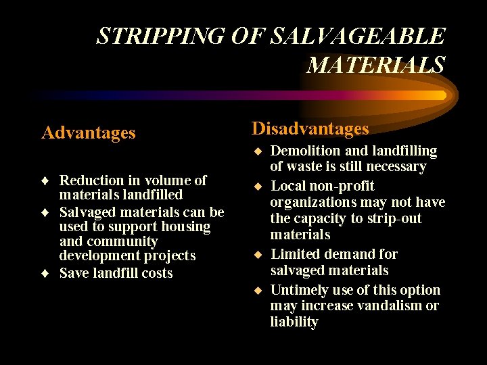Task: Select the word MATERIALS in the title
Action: (375, 66)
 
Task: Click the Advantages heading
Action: (89, 132)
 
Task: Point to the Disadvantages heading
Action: (310, 128)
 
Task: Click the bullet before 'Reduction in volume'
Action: (45, 181)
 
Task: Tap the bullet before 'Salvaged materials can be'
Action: (45, 212)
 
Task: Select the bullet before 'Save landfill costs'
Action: (45, 274)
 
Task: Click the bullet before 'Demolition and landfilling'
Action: (257, 151)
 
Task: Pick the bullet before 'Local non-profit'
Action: (257, 186)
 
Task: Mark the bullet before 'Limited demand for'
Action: (257, 255)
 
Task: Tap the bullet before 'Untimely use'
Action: (257, 291)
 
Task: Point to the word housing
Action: (185, 226)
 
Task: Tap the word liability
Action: (294, 322)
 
